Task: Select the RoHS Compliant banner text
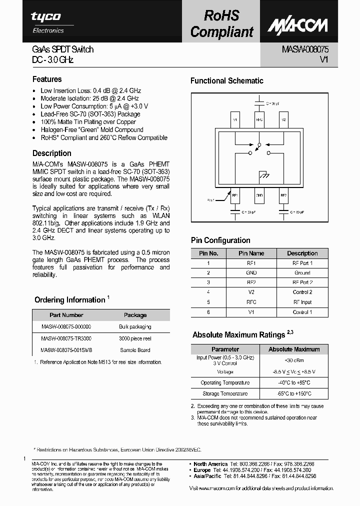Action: pos(221,23)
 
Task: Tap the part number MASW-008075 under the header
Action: pos(304,49)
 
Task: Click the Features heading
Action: pos(47,79)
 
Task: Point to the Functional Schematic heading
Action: pos(226,80)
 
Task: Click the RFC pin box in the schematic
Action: pos(259,120)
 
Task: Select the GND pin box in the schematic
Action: pos(259,195)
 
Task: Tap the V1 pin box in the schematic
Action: pos(235,120)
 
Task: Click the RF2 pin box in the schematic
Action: pos(283,195)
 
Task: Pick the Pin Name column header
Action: pos(251,253)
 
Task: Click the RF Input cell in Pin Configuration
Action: pos(302,302)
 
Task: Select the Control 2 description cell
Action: pos(302,292)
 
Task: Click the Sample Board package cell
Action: pos(135,350)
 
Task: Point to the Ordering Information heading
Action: pos(69,300)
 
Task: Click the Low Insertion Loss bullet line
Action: pos(90,90)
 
